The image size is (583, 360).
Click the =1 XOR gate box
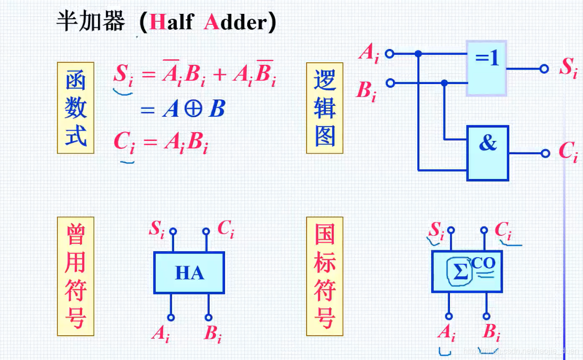point(487,68)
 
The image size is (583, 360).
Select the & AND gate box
point(488,153)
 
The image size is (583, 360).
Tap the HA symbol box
point(189,272)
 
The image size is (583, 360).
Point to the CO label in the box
point(483,263)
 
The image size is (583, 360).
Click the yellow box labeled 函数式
point(76,107)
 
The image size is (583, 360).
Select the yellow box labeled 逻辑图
point(325,107)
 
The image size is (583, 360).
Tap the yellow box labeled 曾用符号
point(76,276)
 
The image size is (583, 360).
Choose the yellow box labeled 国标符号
point(325,276)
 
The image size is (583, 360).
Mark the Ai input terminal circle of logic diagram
point(390,53)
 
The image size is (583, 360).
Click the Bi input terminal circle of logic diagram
point(390,83)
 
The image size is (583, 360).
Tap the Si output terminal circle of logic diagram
point(544,69)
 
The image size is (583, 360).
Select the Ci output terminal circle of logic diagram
point(545,153)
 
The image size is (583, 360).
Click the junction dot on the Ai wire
point(418,53)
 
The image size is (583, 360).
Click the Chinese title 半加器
point(90,23)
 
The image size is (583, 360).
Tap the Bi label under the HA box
point(213,334)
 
